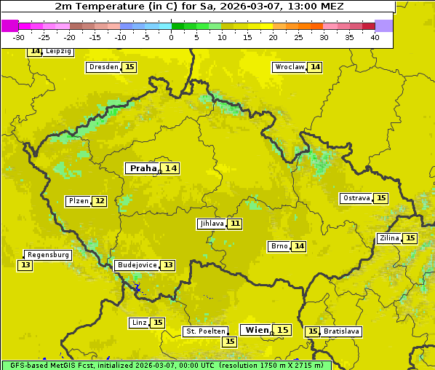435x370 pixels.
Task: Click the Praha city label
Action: [x=143, y=168]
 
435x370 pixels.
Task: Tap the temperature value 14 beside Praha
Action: [x=170, y=168]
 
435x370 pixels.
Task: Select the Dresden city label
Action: [x=103, y=67]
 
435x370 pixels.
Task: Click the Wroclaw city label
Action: [x=289, y=67]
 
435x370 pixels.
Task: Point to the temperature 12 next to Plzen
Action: [x=100, y=201]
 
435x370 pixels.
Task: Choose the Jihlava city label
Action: [x=211, y=224]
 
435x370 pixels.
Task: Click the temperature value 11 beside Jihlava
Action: [x=235, y=224]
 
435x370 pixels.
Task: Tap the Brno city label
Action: [x=279, y=246]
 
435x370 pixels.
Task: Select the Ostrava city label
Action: [x=356, y=198]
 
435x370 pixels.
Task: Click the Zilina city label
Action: [x=388, y=238]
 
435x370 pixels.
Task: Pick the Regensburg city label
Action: [x=48, y=255]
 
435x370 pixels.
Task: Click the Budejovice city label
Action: [x=136, y=265]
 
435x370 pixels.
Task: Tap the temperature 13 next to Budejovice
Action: [x=168, y=265]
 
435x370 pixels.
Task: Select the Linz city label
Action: [x=138, y=323]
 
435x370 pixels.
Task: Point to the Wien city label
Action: [x=257, y=330]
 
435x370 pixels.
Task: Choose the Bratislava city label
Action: [x=341, y=331]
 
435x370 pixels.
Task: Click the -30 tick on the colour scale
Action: [x=19, y=37]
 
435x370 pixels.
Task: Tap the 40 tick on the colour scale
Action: [x=375, y=37]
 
